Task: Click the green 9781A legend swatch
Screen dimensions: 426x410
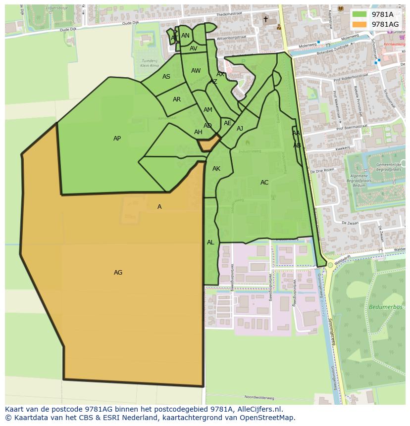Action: [359, 14]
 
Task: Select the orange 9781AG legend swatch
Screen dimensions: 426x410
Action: [359, 24]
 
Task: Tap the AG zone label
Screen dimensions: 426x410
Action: [118, 273]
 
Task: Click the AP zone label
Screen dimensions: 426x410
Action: [117, 139]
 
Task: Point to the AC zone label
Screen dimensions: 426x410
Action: [264, 183]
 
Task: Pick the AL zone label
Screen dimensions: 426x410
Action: [210, 242]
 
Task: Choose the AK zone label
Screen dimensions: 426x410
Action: [216, 169]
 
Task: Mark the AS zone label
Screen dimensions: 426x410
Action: [166, 77]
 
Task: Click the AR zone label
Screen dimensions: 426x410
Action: [177, 99]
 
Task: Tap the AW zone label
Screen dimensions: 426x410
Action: [196, 71]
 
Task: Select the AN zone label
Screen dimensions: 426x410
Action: [185, 36]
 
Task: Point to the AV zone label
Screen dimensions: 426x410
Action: [194, 48]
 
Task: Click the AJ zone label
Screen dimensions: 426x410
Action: [240, 129]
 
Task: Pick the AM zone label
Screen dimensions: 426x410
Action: [208, 110]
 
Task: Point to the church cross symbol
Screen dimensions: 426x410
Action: [265, 19]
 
